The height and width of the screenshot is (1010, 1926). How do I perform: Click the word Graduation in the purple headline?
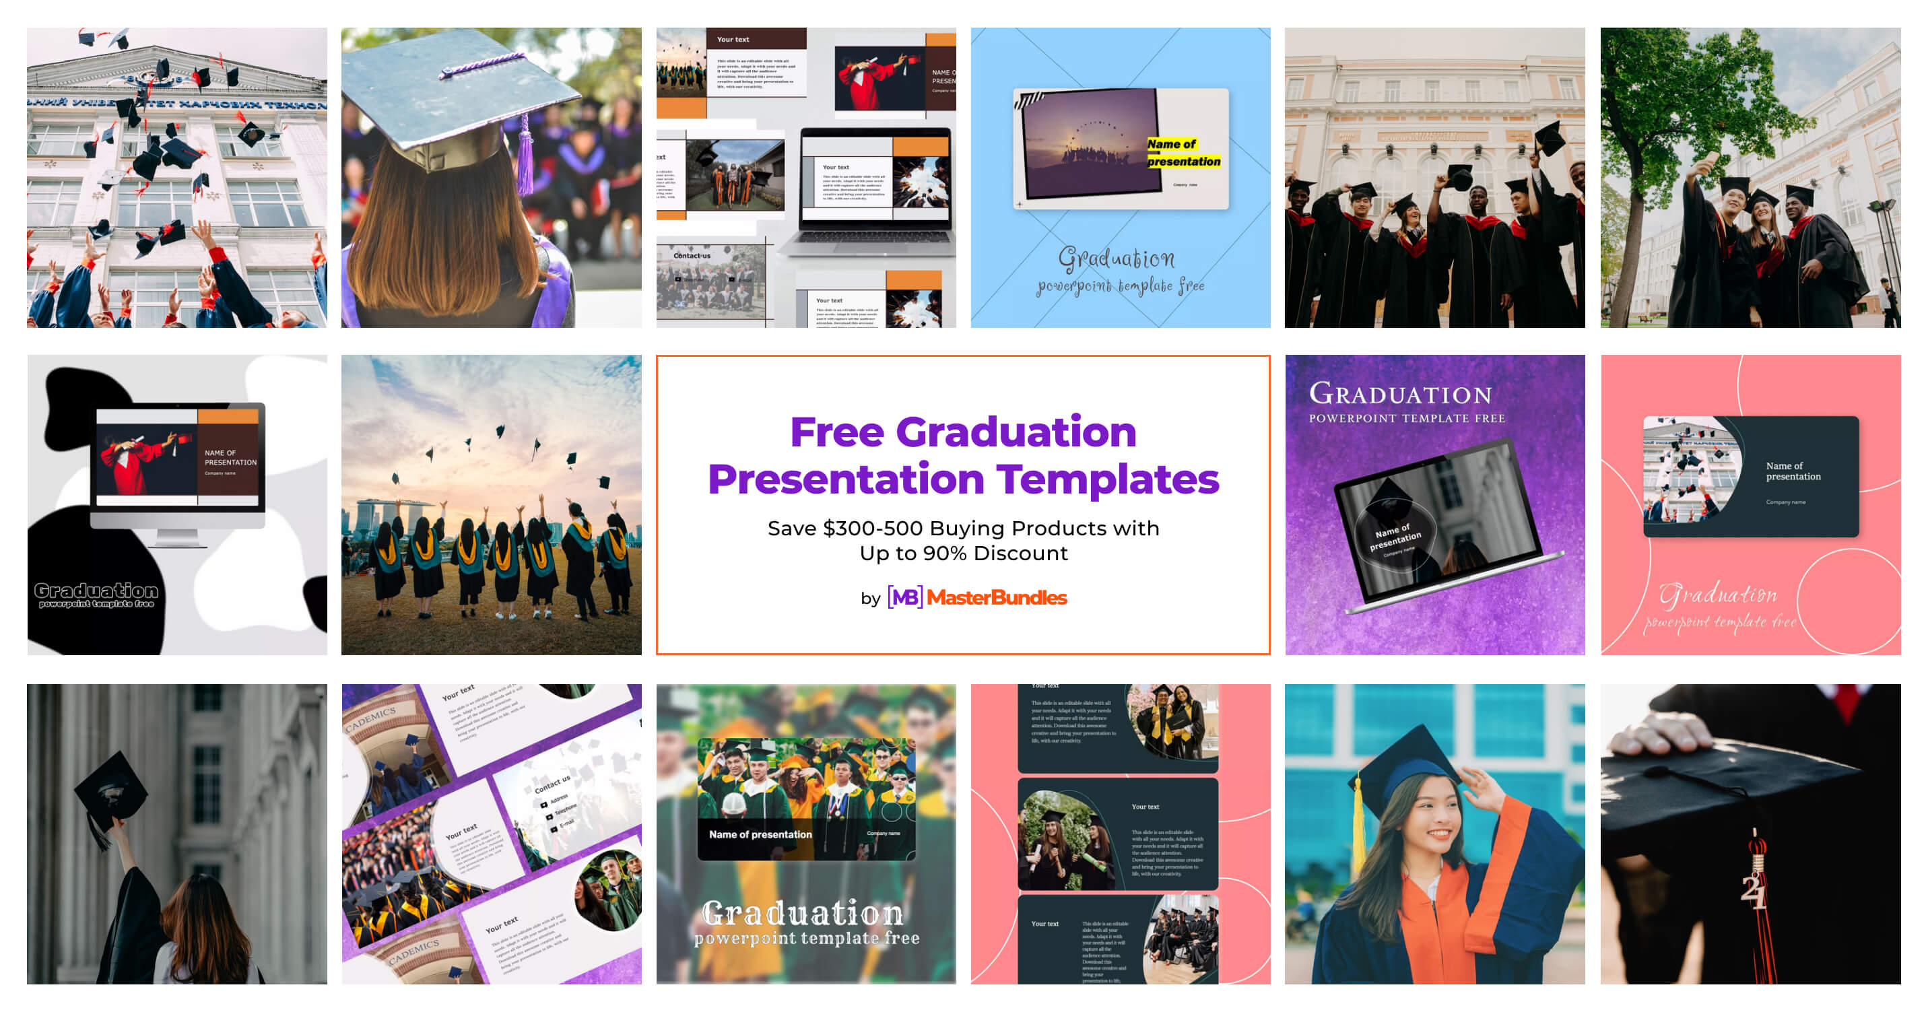pos(1016,432)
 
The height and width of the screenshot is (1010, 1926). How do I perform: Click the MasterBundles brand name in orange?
pos(996,597)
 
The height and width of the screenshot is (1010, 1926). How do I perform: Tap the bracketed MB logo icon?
pos(904,597)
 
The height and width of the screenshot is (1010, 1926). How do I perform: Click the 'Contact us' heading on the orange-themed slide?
pos(692,256)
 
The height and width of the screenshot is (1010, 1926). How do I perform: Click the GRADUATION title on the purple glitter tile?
pos(1400,394)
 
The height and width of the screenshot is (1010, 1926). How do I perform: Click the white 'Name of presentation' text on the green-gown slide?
pos(760,834)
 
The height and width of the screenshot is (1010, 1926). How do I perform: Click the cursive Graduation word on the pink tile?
pos(1717,595)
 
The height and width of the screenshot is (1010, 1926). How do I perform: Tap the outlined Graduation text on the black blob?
pos(96,591)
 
